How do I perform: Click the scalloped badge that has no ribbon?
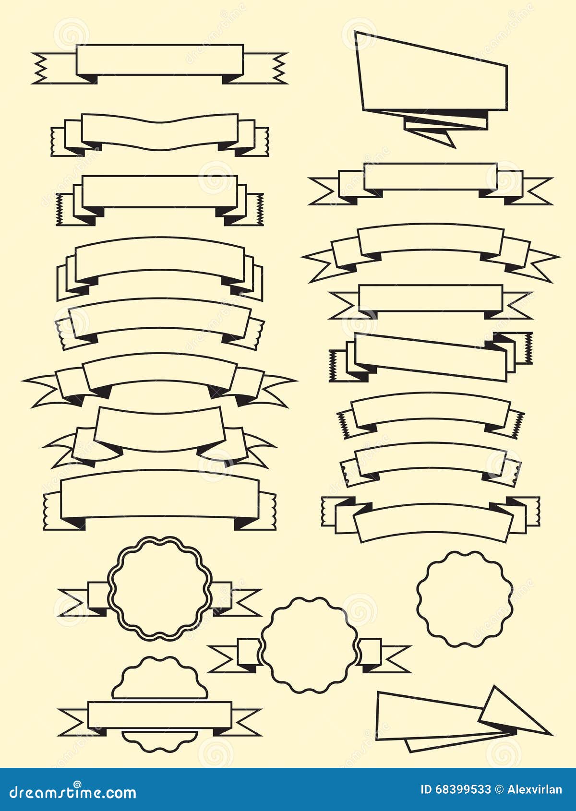pyautogui.click(x=465, y=598)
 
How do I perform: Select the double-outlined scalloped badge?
pyautogui.click(x=160, y=588)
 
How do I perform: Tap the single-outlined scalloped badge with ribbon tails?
pyautogui.click(x=310, y=644)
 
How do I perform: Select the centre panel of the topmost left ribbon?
pyautogui.click(x=159, y=60)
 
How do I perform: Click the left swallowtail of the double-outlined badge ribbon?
pyautogui.click(x=72, y=602)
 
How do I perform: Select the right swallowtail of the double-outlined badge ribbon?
pyautogui.click(x=245, y=602)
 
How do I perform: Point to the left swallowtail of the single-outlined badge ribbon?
pyautogui.click(x=223, y=659)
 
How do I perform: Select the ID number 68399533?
pyautogui.click(x=463, y=790)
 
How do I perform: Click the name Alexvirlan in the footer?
pyautogui.click(x=534, y=790)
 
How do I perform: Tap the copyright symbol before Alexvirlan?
pyautogui.click(x=499, y=790)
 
